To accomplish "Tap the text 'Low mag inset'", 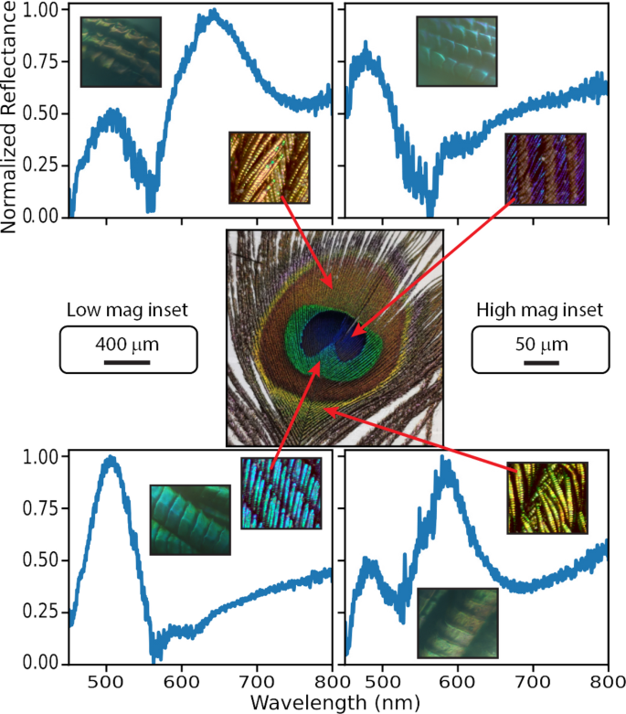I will [128, 311].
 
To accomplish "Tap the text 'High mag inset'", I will [539, 311].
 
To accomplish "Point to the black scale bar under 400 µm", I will [127, 362].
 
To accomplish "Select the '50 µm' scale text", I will [540, 345].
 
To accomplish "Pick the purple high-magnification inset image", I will [545, 168].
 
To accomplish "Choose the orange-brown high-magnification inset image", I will [270, 167].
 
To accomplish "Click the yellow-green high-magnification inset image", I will [546, 498].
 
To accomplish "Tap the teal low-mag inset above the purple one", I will [457, 52].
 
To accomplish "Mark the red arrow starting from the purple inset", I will [430, 275].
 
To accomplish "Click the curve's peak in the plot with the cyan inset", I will [111, 458].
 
